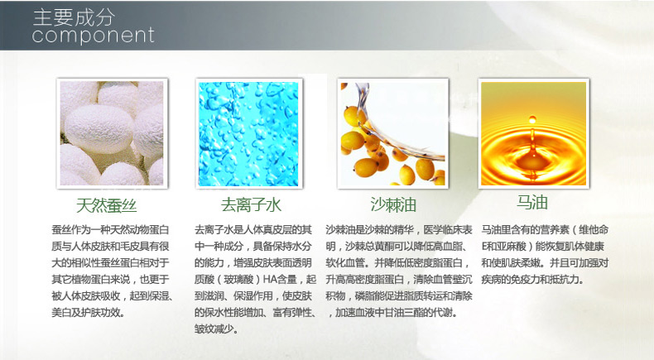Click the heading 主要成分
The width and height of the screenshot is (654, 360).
74,17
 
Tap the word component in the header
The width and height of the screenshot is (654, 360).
93,35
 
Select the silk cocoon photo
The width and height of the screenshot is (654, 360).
112,133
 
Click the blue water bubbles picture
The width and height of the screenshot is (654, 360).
248,134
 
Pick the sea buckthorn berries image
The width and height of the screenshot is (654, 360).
393,134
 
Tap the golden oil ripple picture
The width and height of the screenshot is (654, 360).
533,133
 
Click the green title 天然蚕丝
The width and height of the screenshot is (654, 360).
107,205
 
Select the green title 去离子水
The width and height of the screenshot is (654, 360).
251,204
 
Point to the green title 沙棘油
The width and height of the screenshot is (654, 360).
393,204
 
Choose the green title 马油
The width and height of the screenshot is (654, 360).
532,203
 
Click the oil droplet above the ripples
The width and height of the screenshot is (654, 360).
532,120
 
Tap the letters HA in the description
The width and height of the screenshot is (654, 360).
269,279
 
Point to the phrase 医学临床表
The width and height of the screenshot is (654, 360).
448,230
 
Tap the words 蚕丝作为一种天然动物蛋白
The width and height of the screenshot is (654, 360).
110,230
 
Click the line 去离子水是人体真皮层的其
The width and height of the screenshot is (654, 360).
252,230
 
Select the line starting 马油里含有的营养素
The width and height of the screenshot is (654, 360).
545,230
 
